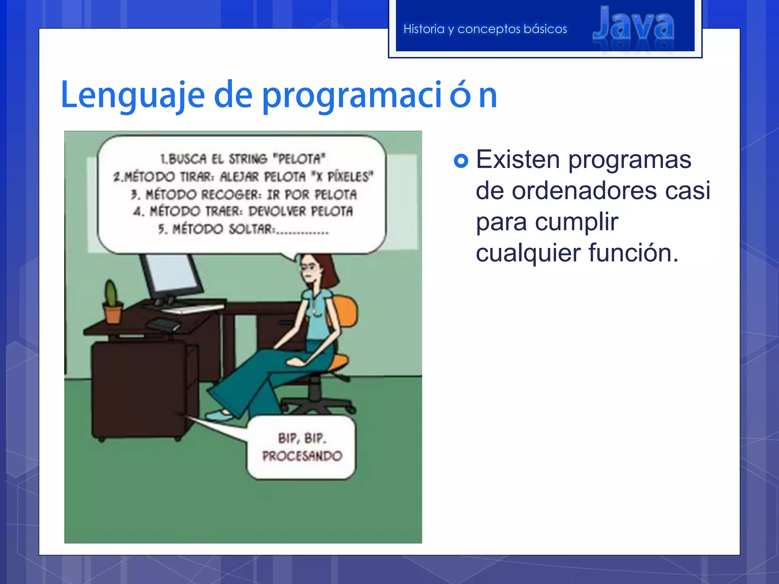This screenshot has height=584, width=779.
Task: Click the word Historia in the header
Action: pos(423,29)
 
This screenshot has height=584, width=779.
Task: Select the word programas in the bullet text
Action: pos(630,159)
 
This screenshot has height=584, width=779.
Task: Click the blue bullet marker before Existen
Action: pos(461,161)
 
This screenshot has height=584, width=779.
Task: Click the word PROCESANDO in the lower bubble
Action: pos(302,456)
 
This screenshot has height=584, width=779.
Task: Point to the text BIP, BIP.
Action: pos(302,438)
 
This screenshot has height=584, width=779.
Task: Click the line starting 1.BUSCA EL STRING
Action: pos(243,159)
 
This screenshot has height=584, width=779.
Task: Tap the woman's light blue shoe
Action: pos(220,415)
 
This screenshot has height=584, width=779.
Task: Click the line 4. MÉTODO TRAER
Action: pos(243,211)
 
